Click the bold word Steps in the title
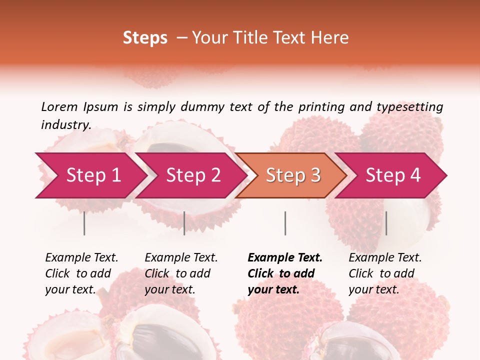pyautogui.click(x=145, y=38)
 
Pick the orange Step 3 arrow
pyautogui.click(x=293, y=175)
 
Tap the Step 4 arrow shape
pyautogui.click(x=393, y=175)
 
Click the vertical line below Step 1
pyautogui.click(x=84, y=223)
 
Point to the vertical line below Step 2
pyautogui.click(x=184, y=223)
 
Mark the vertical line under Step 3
pyautogui.click(x=285, y=223)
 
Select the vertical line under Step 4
pyautogui.click(x=386, y=223)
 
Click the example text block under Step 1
pyautogui.click(x=81, y=273)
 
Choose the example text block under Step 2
pyautogui.click(x=181, y=273)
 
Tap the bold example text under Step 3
pyautogui.click(x=285, y=273)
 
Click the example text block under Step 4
pyautogui.click(x=385, y=273)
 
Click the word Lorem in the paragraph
pyautogui.click(x=59, y=106)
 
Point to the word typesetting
pyautogui.click(x=409, y=106)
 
